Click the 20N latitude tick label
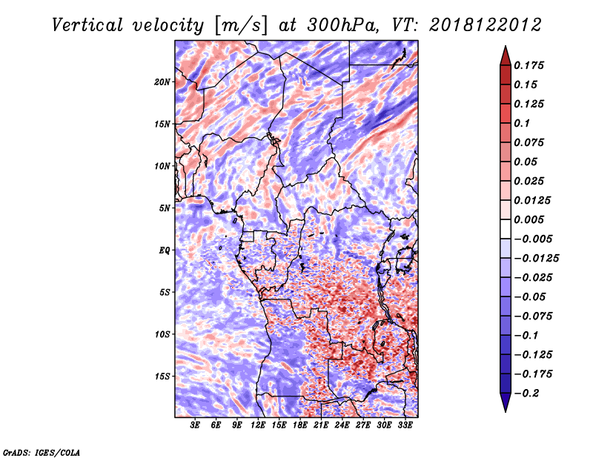click(162, 82)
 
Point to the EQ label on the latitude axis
click(165, 250)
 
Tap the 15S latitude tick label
click(162, 376)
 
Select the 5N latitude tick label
click(165, 208)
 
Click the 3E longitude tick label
click(195, 425)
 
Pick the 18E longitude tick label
click(300, 425)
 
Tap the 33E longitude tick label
click(405, 425)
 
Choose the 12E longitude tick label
click(258, 425)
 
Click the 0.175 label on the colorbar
click(529, 65)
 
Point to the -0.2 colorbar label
click(526, 394)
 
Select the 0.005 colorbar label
click(529, 219)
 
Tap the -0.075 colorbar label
click(533, 316)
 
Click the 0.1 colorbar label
click(522, 123)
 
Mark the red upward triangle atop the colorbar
click(506, 56)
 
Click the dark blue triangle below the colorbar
click(506, 402)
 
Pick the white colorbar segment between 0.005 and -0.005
click(506, 229)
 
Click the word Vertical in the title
click(87, 25)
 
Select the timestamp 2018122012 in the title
click(486, 25)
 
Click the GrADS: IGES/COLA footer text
click(42, 452)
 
